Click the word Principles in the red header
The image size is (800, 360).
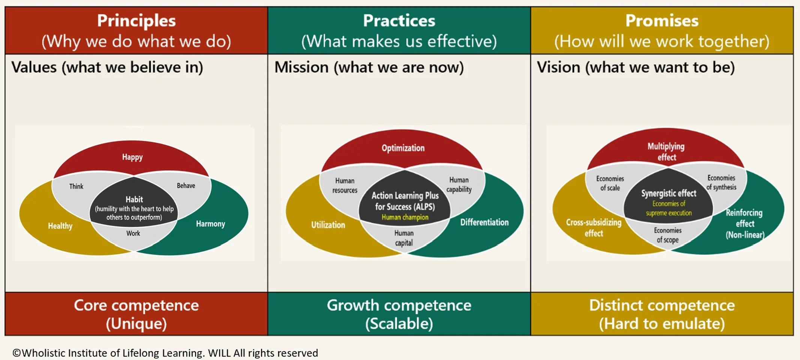[136, 21]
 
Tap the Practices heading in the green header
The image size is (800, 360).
[399, 21]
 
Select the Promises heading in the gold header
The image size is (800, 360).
[662, 21]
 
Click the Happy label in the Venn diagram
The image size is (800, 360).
[132, 157]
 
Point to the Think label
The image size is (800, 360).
[76, 186]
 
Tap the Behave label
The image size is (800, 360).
[186, 186]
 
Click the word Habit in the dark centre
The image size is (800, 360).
[134, 199]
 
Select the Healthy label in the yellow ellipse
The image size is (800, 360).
[60, 226]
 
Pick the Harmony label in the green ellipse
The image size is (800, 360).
[210, 224]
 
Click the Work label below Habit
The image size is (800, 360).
[133, 233]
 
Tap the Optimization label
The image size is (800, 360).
[403, 148]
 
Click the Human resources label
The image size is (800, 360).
[345, 186]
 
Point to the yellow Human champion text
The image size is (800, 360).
[405, 217]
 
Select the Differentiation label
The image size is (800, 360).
[484, 222]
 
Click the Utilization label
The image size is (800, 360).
[328, 225]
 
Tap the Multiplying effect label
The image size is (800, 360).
[666, 152]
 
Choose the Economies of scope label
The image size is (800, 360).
[668, 235]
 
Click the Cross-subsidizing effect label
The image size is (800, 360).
[594, 228]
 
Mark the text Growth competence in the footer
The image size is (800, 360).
[399, 305]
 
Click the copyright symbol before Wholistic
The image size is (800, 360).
[17, 353]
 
